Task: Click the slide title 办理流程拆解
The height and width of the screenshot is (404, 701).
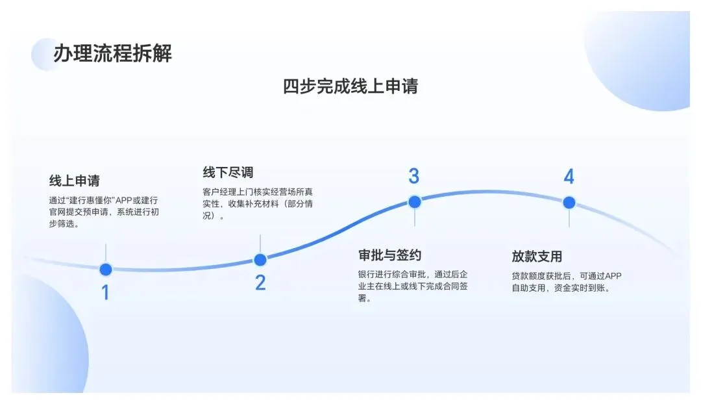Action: [112, 53]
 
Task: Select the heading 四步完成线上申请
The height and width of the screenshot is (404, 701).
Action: [350, 86]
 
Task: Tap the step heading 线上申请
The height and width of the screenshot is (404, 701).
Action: [75, 181]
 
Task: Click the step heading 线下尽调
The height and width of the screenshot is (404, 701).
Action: [228, 172]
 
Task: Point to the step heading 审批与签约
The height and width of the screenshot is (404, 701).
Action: [389, 255]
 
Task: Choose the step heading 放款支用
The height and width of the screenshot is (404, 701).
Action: [537, 256]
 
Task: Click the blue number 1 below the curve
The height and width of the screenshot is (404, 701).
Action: [105, 293]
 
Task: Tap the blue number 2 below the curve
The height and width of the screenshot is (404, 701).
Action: [260, 283]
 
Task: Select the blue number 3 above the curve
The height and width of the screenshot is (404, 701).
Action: [414, 176]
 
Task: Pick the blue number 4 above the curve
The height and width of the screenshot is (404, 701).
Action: [569, 177]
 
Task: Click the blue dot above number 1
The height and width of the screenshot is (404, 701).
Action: [106, 269]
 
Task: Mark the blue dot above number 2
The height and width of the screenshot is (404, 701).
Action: [260, 260]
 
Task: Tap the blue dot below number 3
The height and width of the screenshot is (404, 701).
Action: [415, 201]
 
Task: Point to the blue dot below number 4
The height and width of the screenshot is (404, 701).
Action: [569, 202]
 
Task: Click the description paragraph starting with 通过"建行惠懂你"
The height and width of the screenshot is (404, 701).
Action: [103, 212]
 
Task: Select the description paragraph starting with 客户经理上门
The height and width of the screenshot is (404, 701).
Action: [258, 204]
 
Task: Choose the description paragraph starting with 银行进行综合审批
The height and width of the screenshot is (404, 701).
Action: [413, 286]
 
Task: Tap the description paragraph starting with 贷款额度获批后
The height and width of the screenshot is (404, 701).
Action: [567, 281]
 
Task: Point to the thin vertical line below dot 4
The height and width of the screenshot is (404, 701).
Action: [569, 218]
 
